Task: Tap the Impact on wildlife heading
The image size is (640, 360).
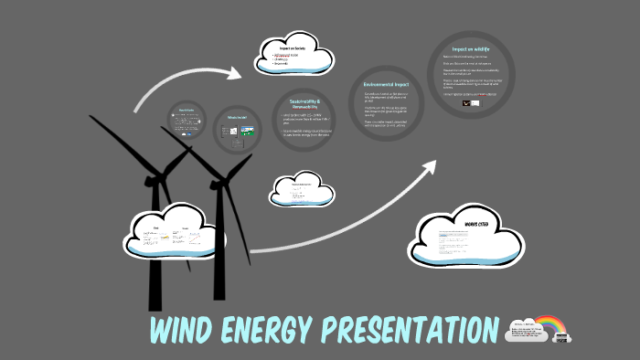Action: click(471, 48)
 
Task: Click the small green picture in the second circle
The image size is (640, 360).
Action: click(246, 132)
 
